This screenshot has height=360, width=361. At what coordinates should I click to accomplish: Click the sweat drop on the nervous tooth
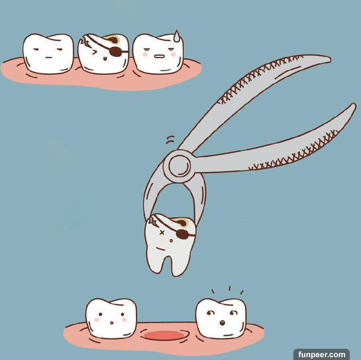point(177,36)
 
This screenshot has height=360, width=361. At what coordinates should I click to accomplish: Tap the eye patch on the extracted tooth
point(182,234)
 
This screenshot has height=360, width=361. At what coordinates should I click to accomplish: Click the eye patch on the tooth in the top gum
point(115,51)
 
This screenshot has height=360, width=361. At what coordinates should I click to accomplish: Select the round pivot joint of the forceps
point(179,166)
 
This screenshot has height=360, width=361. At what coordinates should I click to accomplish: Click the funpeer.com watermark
point(322,354)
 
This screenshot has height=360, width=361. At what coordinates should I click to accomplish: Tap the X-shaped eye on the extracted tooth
point(162,233)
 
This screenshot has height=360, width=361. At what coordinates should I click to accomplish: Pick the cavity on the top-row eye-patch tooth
point(113,40)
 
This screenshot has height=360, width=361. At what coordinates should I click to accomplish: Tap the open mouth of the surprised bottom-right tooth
point(222,323)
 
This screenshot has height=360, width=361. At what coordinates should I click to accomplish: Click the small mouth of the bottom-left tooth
point(112,323)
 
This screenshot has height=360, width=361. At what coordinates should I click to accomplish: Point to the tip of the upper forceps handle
point(331,60)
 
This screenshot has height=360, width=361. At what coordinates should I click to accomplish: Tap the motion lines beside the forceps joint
point(170,139)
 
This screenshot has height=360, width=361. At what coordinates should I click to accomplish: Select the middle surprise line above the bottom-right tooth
point(230,288)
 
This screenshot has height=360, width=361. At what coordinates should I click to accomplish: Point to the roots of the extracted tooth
point(164,264)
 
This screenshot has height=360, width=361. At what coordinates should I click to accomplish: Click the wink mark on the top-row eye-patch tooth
point(94,52)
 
